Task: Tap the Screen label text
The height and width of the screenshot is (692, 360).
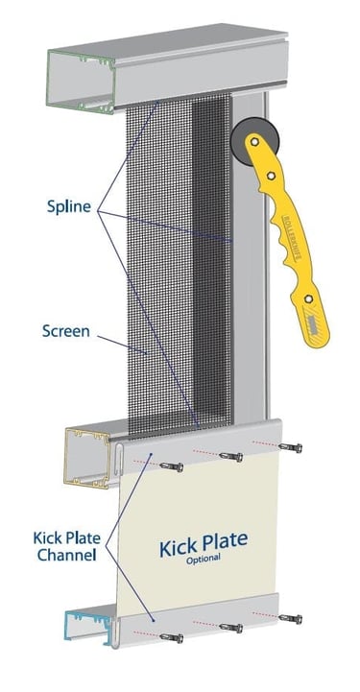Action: point(66,332)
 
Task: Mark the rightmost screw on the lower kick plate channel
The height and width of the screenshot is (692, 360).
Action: point(293,617)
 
